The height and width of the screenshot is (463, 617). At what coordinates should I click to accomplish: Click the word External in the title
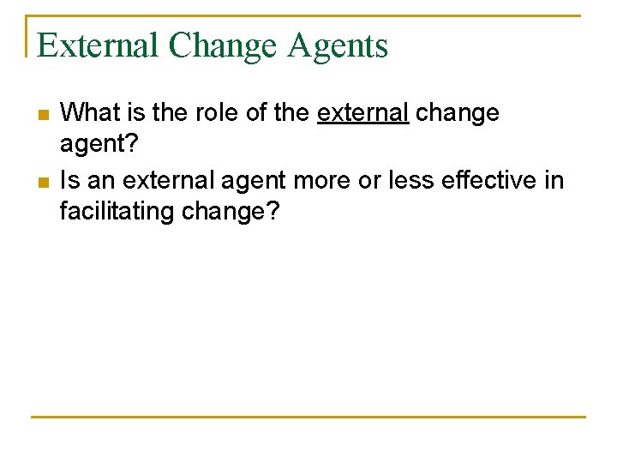point(98,45)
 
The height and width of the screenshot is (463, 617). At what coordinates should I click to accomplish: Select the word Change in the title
point(225,45)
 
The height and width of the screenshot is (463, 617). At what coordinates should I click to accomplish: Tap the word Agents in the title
point(338,45)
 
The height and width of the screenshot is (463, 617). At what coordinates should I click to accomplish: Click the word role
point(211,113)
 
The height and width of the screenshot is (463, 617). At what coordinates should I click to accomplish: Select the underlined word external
point(362,113)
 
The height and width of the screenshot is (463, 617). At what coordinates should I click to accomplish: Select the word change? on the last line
point(231,211)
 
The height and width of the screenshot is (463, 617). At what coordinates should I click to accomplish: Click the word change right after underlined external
point(458,113)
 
